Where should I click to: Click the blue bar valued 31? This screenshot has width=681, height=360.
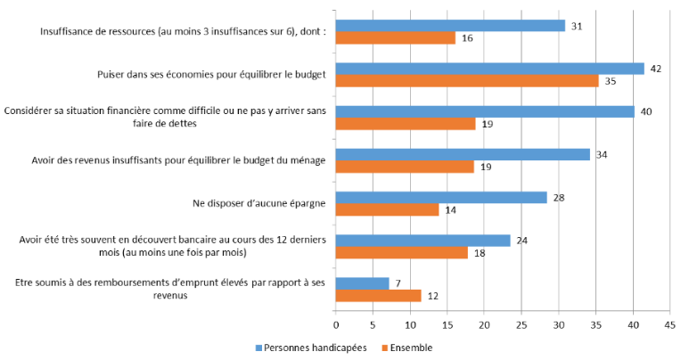click(450, 26)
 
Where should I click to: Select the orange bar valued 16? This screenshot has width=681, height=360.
click(395, 38)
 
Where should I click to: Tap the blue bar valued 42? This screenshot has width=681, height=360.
click(489, 69)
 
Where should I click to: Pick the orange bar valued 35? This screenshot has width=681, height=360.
click(467, 81)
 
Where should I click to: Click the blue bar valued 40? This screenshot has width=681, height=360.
click(485, 111)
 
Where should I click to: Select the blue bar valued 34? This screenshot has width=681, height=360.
click(463, 154)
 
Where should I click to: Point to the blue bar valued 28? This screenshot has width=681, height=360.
click(441, 197)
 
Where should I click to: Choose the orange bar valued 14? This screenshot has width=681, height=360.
click(388, 209)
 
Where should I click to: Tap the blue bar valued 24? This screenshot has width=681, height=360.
click(423, 240)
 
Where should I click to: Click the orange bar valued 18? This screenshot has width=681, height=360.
click(402, 252)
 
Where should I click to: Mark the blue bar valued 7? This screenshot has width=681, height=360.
click(363, 283)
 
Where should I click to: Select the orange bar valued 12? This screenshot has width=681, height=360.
click(379, 295)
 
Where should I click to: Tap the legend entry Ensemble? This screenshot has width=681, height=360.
click(411, 348)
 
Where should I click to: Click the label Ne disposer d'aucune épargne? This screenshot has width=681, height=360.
click(258, 203)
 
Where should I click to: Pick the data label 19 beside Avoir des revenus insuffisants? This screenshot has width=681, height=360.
click(488, 167)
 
